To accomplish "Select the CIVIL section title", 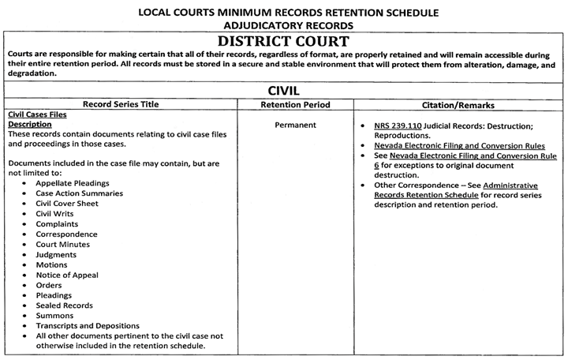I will [284, 91].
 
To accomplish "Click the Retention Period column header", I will [295, 104].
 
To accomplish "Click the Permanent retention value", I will [295, 126].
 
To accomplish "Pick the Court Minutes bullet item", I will [66, 244].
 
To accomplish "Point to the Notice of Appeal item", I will [72, 275].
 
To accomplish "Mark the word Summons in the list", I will [56, 316].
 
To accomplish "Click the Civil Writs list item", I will [59, 213].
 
